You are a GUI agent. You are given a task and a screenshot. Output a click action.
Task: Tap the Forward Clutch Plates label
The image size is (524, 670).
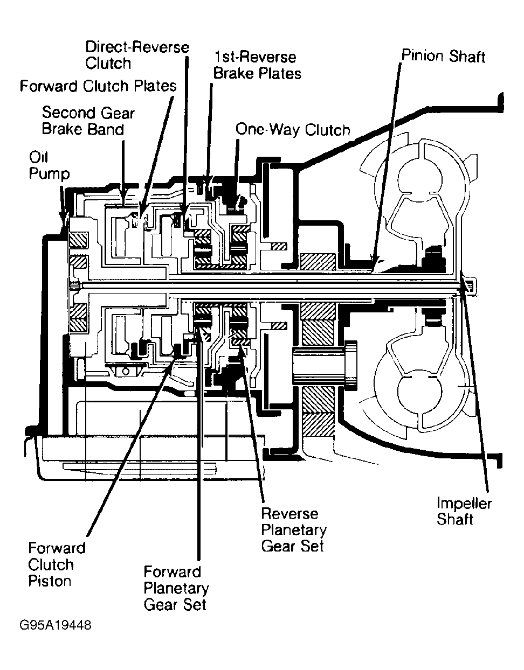pos(98,86)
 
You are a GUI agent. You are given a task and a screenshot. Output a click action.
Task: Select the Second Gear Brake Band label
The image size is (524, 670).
pos(88,121)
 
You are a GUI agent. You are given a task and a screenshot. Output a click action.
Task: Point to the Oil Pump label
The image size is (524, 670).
pos(49,165)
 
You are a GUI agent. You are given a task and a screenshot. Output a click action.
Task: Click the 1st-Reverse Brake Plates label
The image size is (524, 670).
pos(257,65)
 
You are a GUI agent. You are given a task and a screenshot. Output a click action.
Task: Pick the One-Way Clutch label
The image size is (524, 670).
pos(293,130)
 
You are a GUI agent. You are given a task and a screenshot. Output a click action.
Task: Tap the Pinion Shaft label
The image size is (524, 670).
pos(443,57)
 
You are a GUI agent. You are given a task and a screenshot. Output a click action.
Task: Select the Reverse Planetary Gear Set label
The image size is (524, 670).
pos(293,530)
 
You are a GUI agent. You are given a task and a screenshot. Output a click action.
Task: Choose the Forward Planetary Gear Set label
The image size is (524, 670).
pos(176,589)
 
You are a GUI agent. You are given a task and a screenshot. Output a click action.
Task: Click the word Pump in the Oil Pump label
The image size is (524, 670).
pos(50,174)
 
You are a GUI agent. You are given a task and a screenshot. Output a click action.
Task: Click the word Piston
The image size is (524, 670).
pos(50,581)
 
